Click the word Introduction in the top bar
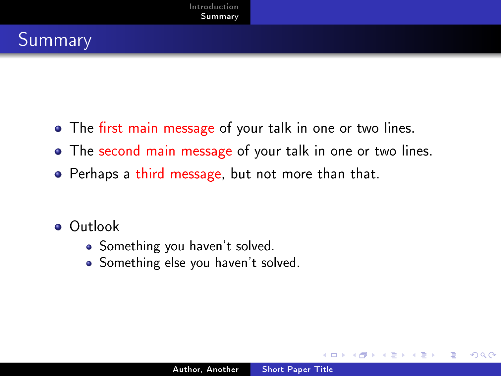(x=214, y=7)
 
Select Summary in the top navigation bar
(x=220, y=17)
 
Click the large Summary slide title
(x=55, y=40)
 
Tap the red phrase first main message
(x=157, y=128)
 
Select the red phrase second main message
(x=165, y=151)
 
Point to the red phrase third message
(x=179, y=174)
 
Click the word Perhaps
(x=94, y=174)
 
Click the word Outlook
(x=94, y=226)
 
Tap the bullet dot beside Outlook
(x=58, y=227)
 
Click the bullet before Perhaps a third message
(x=58, y=174)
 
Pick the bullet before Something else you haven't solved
(x=89, y=264)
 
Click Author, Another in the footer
(x=206, y=369)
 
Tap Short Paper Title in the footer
(x=298, y=369)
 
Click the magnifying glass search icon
(x=483, y=355)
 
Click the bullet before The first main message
(x=58, y=129)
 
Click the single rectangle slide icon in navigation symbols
(x=334, y=355)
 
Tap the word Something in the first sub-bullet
(x=130, y=246)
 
